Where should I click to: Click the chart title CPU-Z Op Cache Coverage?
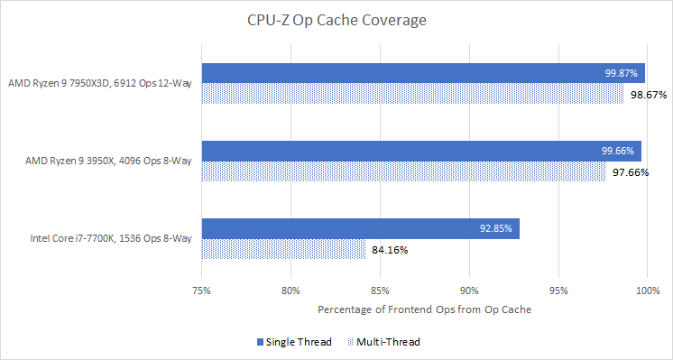pos(336,19)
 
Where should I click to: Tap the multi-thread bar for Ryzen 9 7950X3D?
pos(412,94)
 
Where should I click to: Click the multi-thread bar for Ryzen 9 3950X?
pos(403,171)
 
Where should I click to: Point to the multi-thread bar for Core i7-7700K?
pos(283,249)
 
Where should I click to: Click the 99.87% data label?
pos(622,73)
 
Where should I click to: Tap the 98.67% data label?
pos(647,94)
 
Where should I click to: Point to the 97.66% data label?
pos(629,172)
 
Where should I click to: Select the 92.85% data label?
pos(496,229)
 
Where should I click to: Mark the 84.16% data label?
pos(389,250)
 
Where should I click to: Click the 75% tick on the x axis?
pos(202,291)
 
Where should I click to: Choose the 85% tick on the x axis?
pos(380,291)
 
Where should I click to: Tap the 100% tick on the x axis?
pos(647,291)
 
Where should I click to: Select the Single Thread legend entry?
pos(295,342)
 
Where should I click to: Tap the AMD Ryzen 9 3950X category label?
pos(109,162)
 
